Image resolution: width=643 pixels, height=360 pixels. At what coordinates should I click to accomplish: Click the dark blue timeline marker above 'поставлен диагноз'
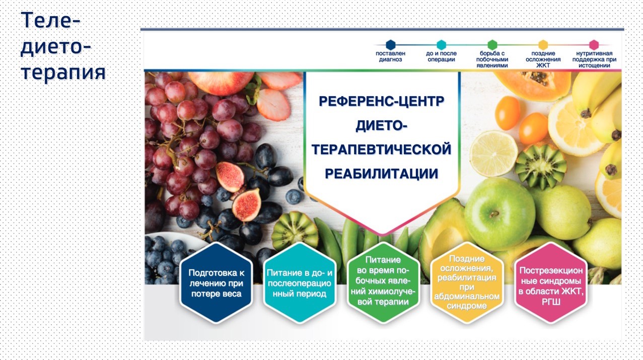click(x=391, y=45)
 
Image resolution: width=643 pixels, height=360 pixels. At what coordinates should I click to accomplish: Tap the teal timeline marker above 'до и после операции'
click(x=441, y=45)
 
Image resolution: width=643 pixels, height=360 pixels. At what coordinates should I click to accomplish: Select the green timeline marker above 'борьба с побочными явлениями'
click(x=492, y=45)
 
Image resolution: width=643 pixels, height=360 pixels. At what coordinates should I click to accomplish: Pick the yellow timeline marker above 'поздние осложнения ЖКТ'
click(x=543, y=45)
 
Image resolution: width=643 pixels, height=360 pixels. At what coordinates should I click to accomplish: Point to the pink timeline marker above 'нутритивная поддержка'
click(x=594, y=45)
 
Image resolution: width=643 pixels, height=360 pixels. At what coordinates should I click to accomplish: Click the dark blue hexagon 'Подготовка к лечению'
click(x=216, y=283)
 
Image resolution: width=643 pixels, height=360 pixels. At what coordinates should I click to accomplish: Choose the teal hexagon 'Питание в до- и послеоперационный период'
click(x=300, y=283)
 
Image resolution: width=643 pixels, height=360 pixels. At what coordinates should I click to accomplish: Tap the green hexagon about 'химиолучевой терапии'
click(x=383, y=283)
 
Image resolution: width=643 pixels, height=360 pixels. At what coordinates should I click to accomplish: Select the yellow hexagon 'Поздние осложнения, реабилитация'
click(x=467, y=283)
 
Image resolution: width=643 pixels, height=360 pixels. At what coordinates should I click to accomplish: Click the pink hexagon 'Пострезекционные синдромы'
click(x=550, y=283)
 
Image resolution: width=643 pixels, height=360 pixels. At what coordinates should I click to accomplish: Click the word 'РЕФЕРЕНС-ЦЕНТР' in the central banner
click(x=382, y=101)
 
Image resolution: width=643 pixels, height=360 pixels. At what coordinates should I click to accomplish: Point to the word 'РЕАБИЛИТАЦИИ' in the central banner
click(x=382, y=174)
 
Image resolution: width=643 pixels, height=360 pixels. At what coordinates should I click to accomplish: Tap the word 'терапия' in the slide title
click(x=63, y=73)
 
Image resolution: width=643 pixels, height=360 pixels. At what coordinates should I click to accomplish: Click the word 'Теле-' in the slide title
click(x=50, y=20)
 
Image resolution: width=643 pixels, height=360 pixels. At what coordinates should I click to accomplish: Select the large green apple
click(x=500, y=214)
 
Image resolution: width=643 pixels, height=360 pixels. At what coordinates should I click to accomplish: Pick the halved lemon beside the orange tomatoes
click(x=494, y=154)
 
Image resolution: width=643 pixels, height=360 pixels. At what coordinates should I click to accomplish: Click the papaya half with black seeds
click(x=533, y=85)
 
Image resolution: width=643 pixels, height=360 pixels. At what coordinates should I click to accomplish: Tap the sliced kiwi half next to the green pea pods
click(x=295, y=231)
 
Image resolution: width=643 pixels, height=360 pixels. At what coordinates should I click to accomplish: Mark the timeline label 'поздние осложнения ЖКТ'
click(x=543, y=59)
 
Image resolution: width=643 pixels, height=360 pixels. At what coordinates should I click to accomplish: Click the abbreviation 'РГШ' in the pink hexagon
click(x=551, y=302)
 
